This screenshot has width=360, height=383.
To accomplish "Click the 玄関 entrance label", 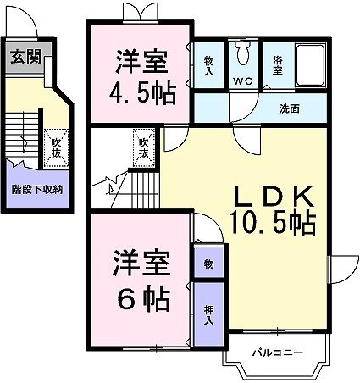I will click(x=25, y=58).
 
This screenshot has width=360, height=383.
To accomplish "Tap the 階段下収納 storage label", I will click(x=36, y=189).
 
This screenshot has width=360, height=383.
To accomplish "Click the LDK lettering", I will click(x=273, y=197).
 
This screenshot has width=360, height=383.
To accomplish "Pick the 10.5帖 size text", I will click(x=273, y=224).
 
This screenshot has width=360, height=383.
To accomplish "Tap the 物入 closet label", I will click(x=208, y=65).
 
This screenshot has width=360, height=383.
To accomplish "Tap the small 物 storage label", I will click(x=208, y=264).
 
